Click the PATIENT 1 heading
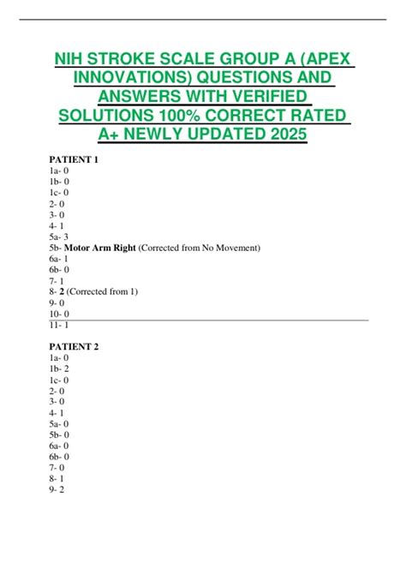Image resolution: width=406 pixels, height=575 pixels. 75,159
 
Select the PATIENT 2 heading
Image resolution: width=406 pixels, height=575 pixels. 75,346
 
